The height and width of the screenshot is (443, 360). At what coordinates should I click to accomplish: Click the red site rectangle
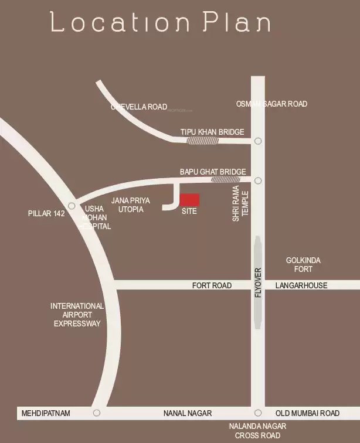click(189, 200)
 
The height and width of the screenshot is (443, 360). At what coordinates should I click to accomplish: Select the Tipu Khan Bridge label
click(212, 132)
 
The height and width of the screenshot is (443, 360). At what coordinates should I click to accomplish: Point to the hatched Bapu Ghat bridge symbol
click(225, 179)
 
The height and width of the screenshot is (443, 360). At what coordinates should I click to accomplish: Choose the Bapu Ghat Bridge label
click(212, 172)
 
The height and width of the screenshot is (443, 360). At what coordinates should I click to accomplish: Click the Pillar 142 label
click(46, 214)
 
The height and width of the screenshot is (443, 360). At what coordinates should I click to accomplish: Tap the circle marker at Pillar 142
click(72, 206)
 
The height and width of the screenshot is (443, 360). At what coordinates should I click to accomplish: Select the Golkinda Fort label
click(303, 264)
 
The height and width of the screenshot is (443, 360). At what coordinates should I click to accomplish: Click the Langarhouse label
click(301, 285)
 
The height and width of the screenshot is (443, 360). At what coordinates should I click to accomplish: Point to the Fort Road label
click(212, 285)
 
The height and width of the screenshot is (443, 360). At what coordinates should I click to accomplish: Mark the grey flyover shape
click(258, 282)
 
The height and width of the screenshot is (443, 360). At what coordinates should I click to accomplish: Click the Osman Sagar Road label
click(271, 104)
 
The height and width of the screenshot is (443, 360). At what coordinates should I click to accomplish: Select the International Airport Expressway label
click(77, 315)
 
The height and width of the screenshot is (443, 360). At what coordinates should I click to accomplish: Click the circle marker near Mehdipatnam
click(97, 413)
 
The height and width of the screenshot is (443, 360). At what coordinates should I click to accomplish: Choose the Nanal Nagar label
click(187, 413)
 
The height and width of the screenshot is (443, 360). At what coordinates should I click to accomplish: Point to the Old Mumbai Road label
click(307, 413)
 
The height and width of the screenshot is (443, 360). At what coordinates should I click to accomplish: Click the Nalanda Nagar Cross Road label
click(257, 431)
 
